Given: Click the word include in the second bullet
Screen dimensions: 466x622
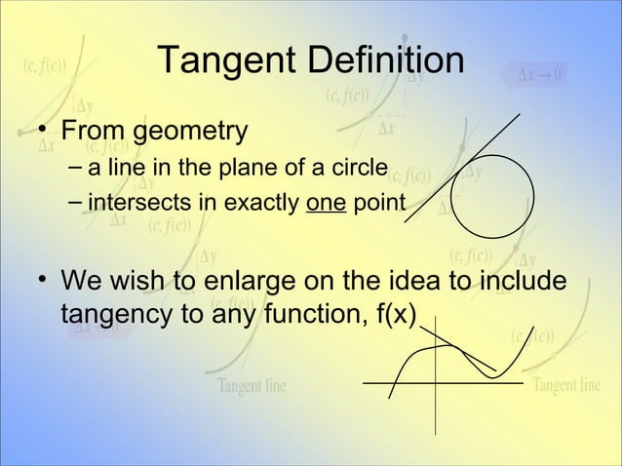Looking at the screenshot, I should click(519, 283).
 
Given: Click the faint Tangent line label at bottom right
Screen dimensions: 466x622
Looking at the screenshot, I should click(566, 383).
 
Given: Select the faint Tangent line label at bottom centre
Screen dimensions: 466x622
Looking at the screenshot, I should click(252, 385).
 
